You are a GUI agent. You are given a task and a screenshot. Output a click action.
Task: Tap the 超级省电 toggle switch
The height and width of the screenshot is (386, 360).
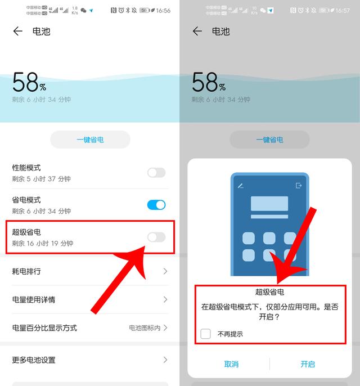point(156,237)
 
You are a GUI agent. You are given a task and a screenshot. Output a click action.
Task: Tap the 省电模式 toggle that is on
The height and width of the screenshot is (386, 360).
point(156,205)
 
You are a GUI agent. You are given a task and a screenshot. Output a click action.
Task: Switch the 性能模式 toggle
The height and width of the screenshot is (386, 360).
point(156,173)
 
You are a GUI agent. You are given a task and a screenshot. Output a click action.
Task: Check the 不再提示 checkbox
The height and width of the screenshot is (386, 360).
point(206,334)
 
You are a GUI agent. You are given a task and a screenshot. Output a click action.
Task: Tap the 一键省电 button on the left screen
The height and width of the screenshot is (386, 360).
point(90,140)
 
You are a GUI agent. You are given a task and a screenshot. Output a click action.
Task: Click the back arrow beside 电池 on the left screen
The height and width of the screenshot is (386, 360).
point(18,32)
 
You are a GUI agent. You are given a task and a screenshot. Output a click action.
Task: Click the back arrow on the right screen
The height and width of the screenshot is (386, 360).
point(197,32)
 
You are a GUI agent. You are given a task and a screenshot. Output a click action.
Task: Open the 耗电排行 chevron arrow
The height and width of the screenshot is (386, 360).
point(165,271)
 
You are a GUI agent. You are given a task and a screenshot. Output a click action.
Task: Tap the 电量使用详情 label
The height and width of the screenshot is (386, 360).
point(34,299)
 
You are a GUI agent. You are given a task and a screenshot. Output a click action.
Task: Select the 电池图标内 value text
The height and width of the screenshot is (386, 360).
point(144,327)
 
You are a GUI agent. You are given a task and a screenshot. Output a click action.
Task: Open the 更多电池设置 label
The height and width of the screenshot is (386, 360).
point(34,360)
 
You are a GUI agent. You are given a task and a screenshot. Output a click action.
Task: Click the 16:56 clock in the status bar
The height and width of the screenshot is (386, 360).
point(163,11)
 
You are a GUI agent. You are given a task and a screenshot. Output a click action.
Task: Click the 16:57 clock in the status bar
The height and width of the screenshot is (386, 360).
point(343,11)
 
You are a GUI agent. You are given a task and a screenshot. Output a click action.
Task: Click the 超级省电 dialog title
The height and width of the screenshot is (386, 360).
point(269,292)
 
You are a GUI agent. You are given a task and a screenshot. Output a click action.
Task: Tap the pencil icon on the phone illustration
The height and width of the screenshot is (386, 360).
point(241,186)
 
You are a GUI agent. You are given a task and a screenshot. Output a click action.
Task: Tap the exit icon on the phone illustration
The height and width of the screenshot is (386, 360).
point(299,186)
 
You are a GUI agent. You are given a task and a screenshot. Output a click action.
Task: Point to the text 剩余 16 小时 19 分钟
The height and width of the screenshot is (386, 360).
point(43,243)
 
